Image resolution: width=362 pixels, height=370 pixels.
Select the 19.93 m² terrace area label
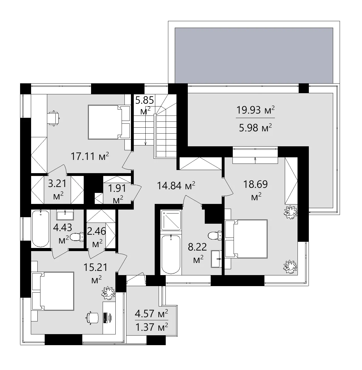[x=255, y=110]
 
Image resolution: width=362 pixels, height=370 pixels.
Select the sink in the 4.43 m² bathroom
[x=65, y=215]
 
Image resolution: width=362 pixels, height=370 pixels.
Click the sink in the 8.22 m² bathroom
[x=217, y=258]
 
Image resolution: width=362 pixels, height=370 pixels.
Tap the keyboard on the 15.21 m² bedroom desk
[x=105, y=318]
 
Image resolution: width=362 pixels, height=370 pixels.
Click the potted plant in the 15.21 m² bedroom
[x=109, y=293]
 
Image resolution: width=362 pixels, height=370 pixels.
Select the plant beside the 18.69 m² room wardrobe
[x=291, y=212]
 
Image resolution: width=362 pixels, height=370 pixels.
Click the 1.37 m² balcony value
[x=151, y=327]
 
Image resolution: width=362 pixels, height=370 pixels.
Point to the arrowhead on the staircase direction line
[x=146, y=144]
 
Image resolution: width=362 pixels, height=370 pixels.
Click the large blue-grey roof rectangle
[x=254, y=55]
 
